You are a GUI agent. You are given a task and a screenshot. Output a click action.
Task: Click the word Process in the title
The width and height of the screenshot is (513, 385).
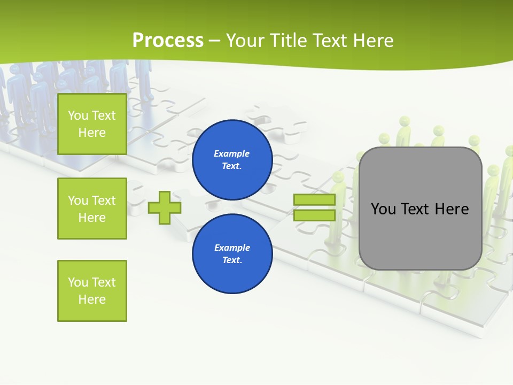pyautogui.click(x=168, y=41)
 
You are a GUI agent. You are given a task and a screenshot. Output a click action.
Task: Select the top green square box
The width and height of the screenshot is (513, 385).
pyautogui.click(x=92, y=124)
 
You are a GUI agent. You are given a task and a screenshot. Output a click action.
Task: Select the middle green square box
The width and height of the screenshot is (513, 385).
pyautogui.click(x=92, y=209)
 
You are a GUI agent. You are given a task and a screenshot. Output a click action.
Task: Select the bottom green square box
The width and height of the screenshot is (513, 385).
pyautogui.click(x=92, y=291)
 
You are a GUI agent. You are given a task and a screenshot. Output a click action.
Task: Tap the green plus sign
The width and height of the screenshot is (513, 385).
pyautogui.click(x=164, y=207)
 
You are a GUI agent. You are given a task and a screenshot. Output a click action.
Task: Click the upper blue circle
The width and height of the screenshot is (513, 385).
pyautogui.click(x=232, y=160)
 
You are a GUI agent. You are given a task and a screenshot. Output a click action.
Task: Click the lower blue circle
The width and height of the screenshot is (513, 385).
pyautogui.click(x=232, y=254)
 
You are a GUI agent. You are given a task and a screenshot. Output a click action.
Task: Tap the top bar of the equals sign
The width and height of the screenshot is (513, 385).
pyautogui.click(x=314, y=200)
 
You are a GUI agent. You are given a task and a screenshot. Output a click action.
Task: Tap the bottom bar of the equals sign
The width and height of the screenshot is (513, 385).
pyautogui.click(x=314, y=215)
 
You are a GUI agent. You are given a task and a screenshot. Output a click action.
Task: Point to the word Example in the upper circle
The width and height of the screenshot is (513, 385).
pyautogui.click(x=232, y=153)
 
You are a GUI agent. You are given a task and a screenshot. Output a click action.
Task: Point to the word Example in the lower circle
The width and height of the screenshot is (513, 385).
pyautogui.click(x=232, y=248)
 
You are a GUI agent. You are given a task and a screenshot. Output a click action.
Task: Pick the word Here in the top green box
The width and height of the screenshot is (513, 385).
pyautogui.click(x=92, y=133)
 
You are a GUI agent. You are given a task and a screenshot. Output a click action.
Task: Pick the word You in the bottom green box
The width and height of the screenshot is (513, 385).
pyautogui.click(x=78, y=282)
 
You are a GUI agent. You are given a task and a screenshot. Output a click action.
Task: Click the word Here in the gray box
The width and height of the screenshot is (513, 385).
pyautogui.click(x=452, y=209)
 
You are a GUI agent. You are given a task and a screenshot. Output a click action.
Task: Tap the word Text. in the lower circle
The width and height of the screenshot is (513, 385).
pyautogui.click(x=232, y=260)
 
